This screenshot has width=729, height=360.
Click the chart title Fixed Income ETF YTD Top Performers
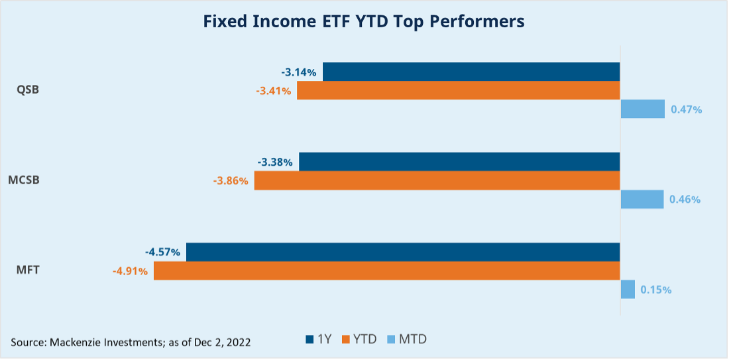[x=363, y=22]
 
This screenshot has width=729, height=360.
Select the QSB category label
[x=28, y=90]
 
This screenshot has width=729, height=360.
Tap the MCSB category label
[x=24, y=180]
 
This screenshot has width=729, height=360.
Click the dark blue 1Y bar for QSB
[x=471, y=72]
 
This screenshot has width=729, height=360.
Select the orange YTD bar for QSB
[x=458, y=90]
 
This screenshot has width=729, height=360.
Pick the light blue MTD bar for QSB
[x=642, y=109]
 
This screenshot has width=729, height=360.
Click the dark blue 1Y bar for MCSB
[x=459, y=162]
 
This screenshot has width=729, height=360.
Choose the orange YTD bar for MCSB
[x=437, y=180]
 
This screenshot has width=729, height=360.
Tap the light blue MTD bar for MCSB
[x=642, y=199]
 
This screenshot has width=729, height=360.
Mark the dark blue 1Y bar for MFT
[x=402, y=252]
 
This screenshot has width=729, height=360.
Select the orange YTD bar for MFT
[x=386, y=270]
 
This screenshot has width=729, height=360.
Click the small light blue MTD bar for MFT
[x=628, y=289]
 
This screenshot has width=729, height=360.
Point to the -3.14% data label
[x=298, y=72]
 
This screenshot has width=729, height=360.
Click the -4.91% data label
[x=130, y=270]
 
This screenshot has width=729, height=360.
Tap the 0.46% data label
[x=685, y=199]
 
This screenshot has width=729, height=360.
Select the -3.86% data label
[x=231, y=180]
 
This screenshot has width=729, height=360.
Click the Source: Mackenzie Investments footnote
[x=131, y=342]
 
